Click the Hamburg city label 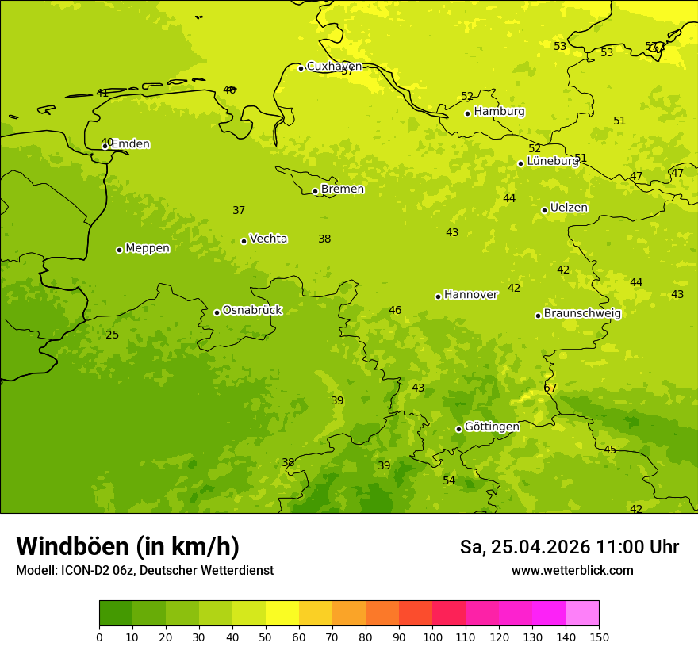(499, 112)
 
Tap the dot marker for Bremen (315, 191)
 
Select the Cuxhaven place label (334, 67)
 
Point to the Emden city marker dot (105, 146)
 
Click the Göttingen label (492, 427)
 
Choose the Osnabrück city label (252, 310)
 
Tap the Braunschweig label (582, 313)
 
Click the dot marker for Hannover (438, 296)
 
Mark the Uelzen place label (569, 208)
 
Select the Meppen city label (148, 248)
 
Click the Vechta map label (268, 239)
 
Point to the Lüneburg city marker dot (520, 163)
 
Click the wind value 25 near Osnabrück (113, 335)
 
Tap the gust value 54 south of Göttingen (449, 481)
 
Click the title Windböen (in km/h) (128, 546)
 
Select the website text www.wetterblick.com (572, 571)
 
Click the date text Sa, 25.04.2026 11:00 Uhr (569, 547)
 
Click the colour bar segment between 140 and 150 (582, 614)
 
